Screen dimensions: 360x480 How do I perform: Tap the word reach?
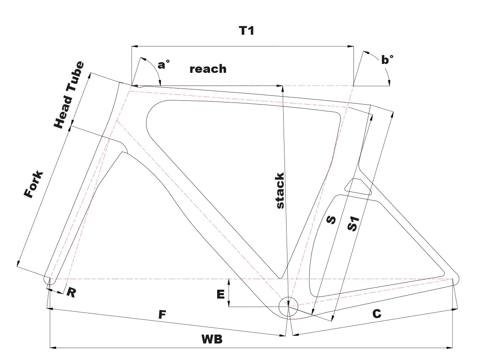pyautogui.click(x=208, y=69)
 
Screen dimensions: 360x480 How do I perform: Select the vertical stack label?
pyautogui.click(x=280, y=191)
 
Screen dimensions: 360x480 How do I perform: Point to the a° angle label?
pyautogui.click(x=163, y=64)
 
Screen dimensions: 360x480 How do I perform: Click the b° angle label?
pyautogui.click(x=387, y=60)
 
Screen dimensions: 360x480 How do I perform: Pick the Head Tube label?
pyautogui.click(x=69, y=95)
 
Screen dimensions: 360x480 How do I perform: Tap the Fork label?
pyautogui.click(x=34, y=185)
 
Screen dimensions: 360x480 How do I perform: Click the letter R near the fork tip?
pyautogui.click(x=71, y=293)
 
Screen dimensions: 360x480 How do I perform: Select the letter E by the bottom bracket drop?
pyautogui.click(x=220, y=294)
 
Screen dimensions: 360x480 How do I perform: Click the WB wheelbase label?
pyautogui.click(x=212, y=340)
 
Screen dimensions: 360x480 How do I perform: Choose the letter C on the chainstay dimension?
pyautogui.click(x=376, y=314)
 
